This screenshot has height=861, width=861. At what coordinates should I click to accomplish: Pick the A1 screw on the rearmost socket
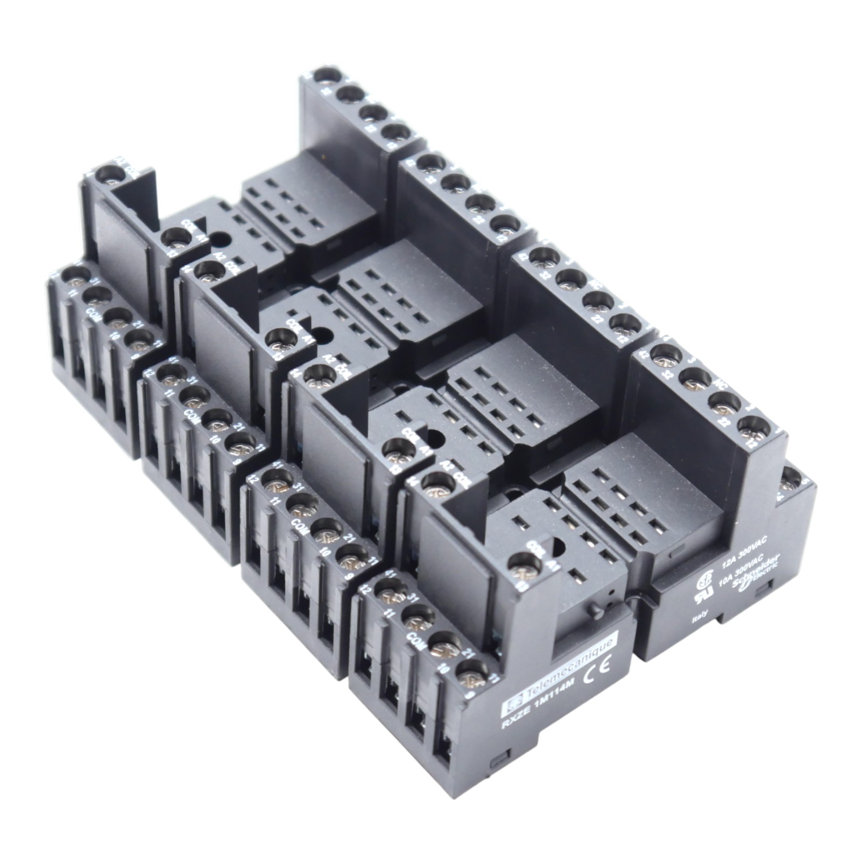click(x=173, y=236)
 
